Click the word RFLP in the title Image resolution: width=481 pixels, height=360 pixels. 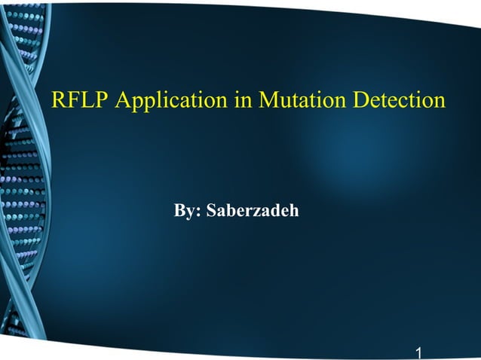[x=80, y=100]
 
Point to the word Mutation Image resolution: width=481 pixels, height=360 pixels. [x=303, y=100]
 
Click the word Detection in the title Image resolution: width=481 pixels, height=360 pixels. [x=400, y=100]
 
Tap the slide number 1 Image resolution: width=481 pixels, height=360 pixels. [x=418, y=352]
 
